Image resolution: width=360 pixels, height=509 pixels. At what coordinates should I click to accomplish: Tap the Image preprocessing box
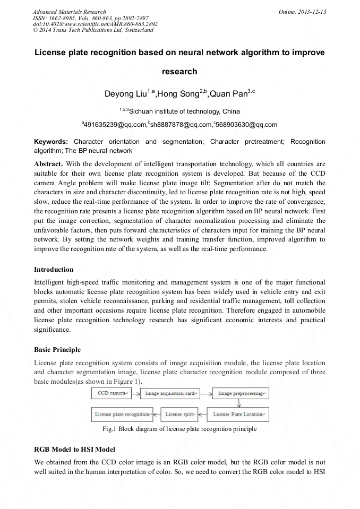pyautogui.click(x=241, y=393)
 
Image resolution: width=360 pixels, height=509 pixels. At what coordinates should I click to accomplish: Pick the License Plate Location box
pyautogui.click(x=237, y=414)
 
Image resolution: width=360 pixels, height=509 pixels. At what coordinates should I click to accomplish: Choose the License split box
pyautogui.click(x=179, y=414)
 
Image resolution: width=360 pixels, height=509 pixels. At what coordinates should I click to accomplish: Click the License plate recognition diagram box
pyautogui.click(x=122, y=414)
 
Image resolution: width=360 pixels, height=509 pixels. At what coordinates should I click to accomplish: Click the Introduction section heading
pyautogui.click(x=54, y=270)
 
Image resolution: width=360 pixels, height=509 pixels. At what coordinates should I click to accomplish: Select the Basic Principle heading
pyautogui.click(x=57, y=350)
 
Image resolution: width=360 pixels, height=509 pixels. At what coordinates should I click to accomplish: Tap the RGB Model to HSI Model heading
pyautogui.click(x=74, y=450)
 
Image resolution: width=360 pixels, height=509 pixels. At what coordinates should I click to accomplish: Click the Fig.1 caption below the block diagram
pyautogui.click(x=180, y=428)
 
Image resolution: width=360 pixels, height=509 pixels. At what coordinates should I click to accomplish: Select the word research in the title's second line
pyautogui.click(x=180, y=72)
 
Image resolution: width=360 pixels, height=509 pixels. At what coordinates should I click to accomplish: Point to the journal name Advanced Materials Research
pyautogui.click(x=69, y=12)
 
